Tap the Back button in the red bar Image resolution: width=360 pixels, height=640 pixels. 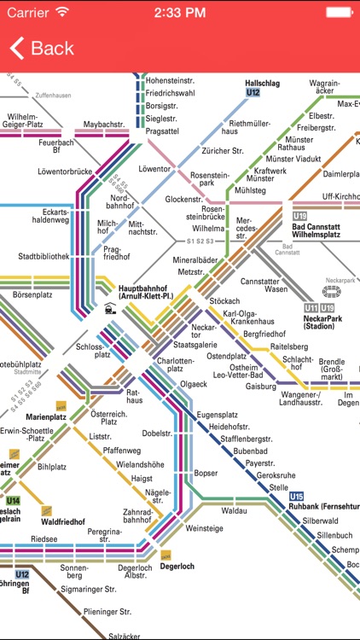click(43, 49)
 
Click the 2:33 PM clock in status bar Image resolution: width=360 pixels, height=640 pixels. click(180, 12)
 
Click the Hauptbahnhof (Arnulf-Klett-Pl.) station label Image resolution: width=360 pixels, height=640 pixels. click(153, 293)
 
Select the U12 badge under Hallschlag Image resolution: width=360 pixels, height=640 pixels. click(253, 93)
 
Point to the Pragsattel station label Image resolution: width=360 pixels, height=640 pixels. click(161, 131)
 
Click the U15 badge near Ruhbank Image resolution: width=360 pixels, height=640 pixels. click(297, 497)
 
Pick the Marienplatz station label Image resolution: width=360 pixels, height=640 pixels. click(46, 416)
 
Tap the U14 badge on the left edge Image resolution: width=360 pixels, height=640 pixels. click(12, 501)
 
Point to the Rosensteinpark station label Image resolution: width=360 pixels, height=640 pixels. click(212, 178)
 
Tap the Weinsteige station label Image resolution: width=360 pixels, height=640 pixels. click(204, 529)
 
